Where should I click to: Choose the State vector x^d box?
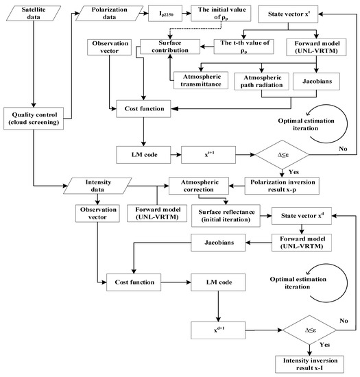pos(303,217)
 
